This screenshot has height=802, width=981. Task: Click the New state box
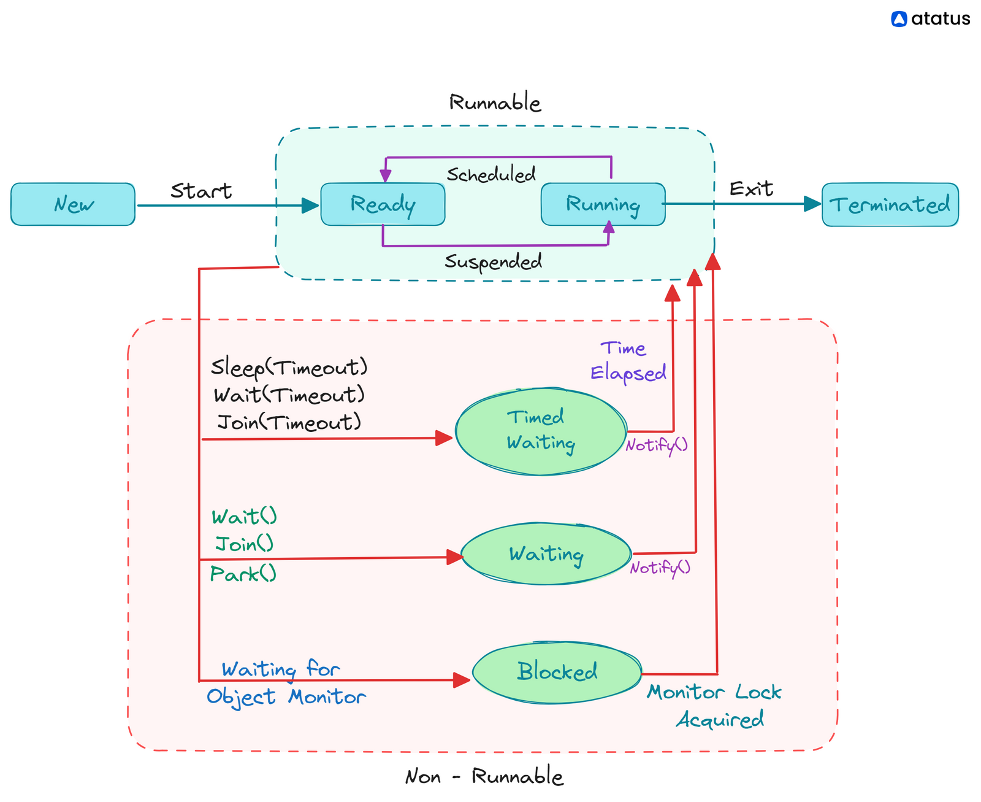(72, 204)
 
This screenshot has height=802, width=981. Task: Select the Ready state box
(383, 204)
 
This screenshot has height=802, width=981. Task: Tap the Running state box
(603, 204)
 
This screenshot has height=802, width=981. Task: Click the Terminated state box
(890, 204)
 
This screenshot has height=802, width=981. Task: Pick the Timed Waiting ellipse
(540, 431)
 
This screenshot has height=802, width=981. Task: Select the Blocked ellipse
(557, 672)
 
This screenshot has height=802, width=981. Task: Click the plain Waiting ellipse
(546, 554)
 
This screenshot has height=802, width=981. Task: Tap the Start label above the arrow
(201, 191)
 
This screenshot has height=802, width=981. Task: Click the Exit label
(751, 188)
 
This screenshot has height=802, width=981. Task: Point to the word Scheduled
(491, 175)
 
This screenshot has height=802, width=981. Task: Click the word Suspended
(494, 262)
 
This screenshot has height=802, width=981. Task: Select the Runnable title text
(495, 102)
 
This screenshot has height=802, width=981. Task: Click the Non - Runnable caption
(484, 777)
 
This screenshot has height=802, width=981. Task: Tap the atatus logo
(930, 19)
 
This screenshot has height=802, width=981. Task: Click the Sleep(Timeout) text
(289, 367)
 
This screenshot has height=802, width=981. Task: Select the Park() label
(243, 574)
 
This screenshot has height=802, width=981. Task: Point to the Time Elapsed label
(627, 361)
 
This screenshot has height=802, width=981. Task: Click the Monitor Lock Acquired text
(715, 706)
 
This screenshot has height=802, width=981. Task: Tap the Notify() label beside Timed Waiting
(657, 445)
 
